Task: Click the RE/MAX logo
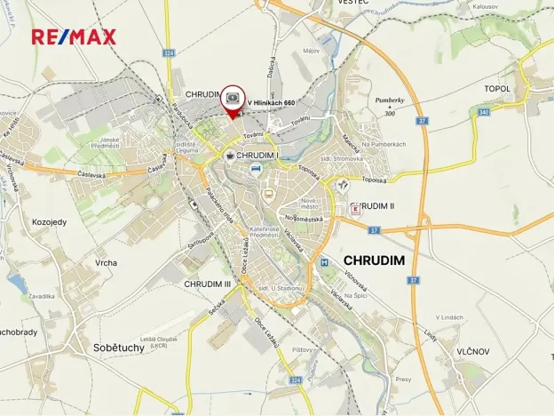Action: (73, 36)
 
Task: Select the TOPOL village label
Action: (497, 89)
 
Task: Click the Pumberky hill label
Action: (390, 101)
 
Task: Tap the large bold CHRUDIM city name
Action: (374, 260)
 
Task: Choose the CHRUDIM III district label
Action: (207, 284)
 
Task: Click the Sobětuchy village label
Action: (119, 348)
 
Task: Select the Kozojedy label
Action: (51, 221)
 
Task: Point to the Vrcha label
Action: (106, 263)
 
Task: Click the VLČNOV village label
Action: (473, 351)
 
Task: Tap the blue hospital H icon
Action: (325, 262)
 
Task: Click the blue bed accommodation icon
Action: (255, 167)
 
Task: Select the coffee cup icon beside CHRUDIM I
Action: (229, 156)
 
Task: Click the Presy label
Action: (403, 380)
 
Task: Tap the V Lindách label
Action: (450, 317)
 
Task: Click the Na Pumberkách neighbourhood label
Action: (384, 144)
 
